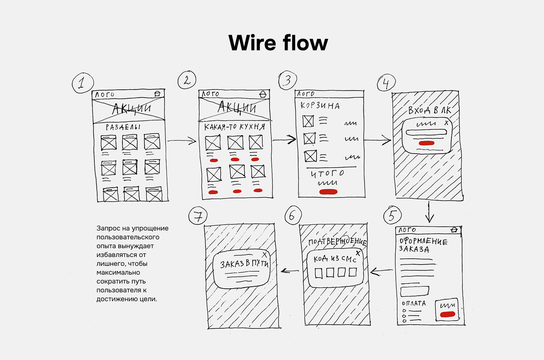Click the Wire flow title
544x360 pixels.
[x=278, y=43]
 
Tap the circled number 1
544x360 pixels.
[x=83, y=83]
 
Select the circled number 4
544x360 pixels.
[x=386, y=83]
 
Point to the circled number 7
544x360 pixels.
[x=198, y=216]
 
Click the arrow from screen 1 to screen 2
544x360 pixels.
[x=182, y=141]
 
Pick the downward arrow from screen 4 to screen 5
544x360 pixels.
[x=429, y=212]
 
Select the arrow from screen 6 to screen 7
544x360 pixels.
[x=290, y=271]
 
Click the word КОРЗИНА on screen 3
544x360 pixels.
[x=320, y=106]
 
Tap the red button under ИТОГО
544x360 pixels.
[x=328, y=192]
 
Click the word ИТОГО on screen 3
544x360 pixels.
[x=327, y=173]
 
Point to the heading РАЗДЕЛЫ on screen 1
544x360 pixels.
[x=123, y=127]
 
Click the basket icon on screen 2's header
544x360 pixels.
[x=263, y=94]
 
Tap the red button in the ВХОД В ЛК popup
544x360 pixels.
[x=426, y=143]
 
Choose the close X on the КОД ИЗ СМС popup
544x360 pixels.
[x=358, y=253]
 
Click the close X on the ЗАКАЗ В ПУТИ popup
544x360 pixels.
[x=265, y=255]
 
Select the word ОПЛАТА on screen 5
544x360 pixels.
[x=414, y=303]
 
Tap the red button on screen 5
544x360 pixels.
[x=447, y=314]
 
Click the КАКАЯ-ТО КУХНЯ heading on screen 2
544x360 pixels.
[x=235, y=127]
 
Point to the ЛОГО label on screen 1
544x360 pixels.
[x=105, y=95]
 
